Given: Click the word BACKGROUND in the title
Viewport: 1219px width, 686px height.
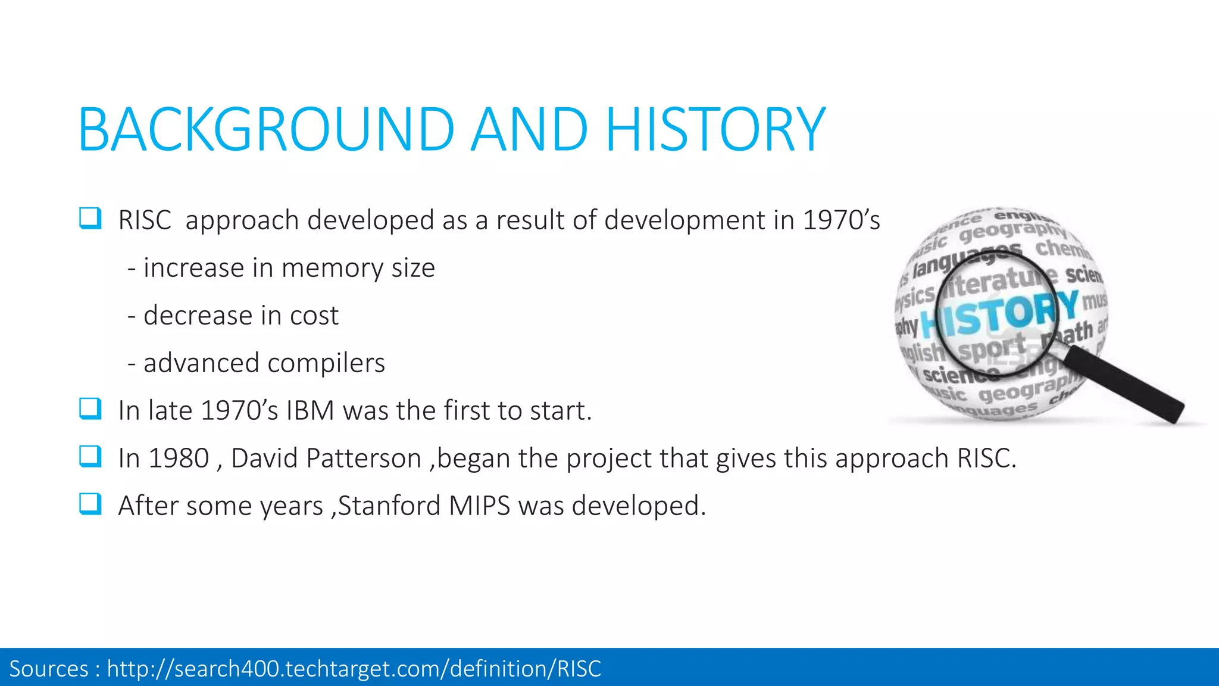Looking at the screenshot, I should [267, 130].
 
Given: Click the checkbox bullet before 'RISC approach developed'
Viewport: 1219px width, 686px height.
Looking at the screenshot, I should [90, 219].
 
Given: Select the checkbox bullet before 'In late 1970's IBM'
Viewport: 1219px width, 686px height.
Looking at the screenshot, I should [90, 409].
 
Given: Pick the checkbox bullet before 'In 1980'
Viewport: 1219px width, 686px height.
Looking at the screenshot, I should [90, 457].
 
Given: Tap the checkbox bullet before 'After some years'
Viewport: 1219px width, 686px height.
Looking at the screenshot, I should [90, 504].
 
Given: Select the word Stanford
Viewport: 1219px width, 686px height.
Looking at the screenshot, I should [390, 506].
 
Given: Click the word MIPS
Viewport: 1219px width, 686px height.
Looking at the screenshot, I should [480, 506].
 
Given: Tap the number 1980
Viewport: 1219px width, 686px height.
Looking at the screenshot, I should [179, 459].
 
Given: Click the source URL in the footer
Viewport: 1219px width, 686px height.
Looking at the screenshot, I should [354, 669].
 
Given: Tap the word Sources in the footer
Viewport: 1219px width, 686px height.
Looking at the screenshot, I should [49, 669].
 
